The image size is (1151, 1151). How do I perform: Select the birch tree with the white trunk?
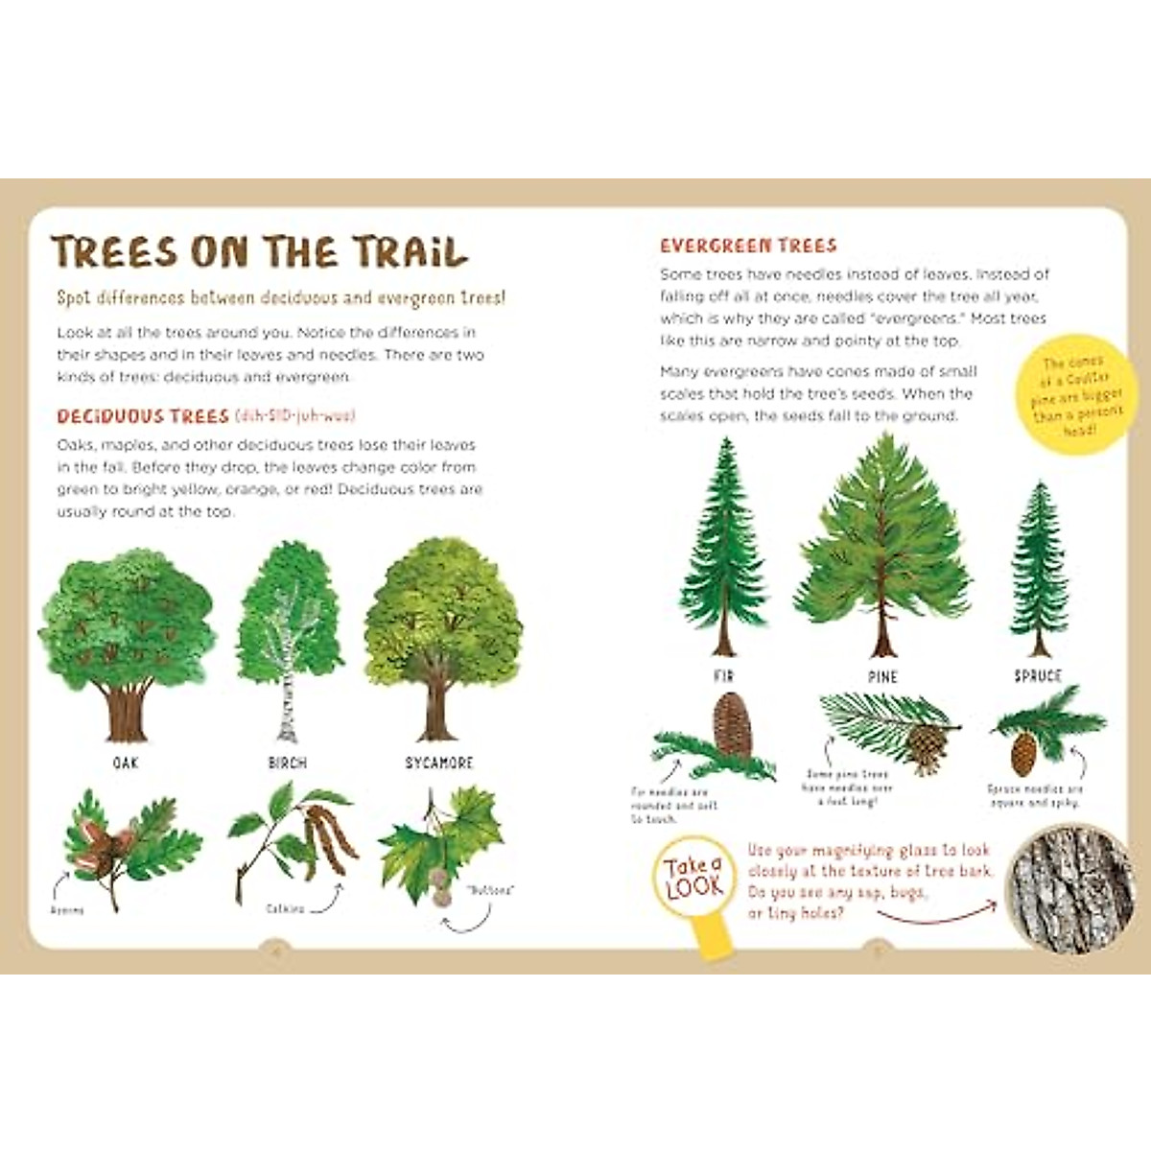tap(289, 638)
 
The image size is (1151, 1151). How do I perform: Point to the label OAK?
tap(126, 763)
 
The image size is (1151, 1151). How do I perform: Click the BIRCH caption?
tap(288, 763)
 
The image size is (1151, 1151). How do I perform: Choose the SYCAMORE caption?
tap(439, 763)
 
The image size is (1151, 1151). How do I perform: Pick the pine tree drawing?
tap(882, 547)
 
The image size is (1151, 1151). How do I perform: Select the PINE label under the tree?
tap(882, 677)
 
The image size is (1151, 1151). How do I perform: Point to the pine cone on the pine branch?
tap(926, 748)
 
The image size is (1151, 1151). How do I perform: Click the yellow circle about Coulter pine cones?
tap(1071, 397)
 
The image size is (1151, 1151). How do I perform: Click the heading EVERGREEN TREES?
tap(748, 246)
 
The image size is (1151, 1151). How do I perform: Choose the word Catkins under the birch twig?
tap(285, 908)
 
